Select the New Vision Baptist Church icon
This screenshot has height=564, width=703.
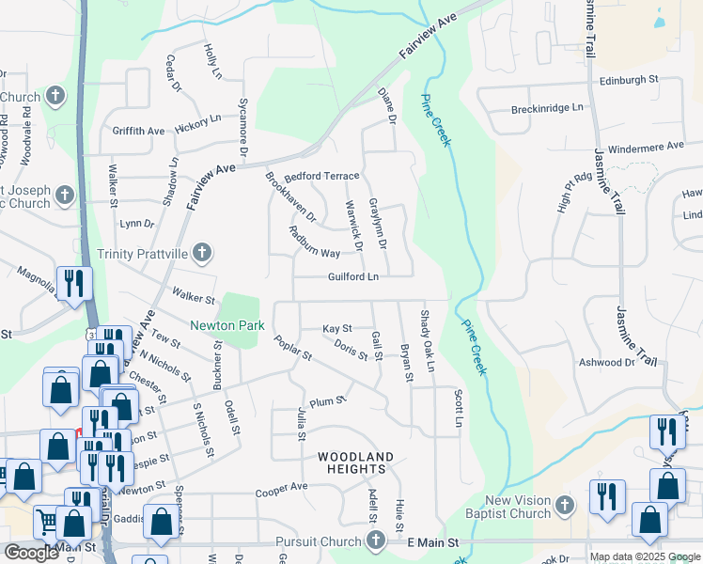[x=564, y=506]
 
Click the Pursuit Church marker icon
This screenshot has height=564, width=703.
[x=376, y=540]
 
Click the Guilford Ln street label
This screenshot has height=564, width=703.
[x=353, y=277]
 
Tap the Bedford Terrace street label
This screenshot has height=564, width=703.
[x=322, y=176]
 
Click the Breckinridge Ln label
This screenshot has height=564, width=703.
[x=548, y=108]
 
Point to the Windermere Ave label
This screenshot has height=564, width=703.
[x=646, y=147]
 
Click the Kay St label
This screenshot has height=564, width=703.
[x=336, y=329]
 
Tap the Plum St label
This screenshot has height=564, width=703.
[x=329, y=400]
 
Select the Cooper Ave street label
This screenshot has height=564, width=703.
[x=282, y=487]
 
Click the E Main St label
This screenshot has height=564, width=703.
[x=433, y=542]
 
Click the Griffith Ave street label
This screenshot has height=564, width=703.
[x=138, y=131]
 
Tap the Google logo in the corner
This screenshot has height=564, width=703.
[x=31, y=552]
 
